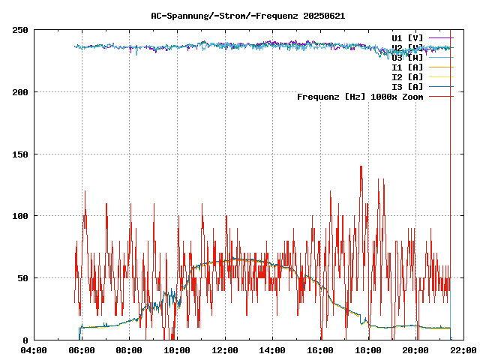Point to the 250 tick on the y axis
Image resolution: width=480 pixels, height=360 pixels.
[20, 30]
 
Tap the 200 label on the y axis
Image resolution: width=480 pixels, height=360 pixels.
[20, 92]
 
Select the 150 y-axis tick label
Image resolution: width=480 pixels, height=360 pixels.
[20, 154]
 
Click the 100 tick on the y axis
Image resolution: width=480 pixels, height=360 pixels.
[20, 216]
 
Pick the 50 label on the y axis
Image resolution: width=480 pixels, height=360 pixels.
[22, 278]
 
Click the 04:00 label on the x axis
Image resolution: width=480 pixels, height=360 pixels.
[34, 349]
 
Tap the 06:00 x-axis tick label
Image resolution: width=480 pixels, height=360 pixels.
[82, 349]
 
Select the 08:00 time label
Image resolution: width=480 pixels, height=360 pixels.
[129, 349]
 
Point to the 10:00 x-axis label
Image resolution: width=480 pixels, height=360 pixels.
[177, 349]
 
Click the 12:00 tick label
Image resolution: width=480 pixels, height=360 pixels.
[225, 349]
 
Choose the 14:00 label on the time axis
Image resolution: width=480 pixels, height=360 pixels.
[272, 349]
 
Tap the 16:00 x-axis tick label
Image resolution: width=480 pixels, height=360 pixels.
[320, 349]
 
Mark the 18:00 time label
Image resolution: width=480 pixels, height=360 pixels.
[368, 349]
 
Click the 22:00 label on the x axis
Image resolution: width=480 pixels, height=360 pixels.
[463, 349]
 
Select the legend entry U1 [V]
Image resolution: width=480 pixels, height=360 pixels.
[407, 37]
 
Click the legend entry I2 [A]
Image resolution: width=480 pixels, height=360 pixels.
[407, 77]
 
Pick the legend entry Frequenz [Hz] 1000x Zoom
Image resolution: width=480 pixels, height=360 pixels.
[360, 97]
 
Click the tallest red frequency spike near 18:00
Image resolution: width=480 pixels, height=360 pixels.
[361, 167]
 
